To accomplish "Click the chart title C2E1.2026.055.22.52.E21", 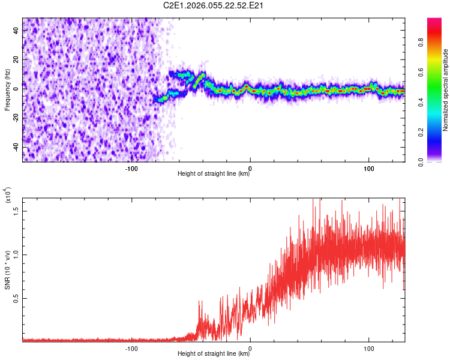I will [x=214, y=5].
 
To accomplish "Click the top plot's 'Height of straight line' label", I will [x=214, y=174].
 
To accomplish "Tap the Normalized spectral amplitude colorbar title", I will [x=446, y=90].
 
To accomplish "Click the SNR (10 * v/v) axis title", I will [x=8, y=270].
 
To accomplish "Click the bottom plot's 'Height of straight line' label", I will [x=214, y=354].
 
